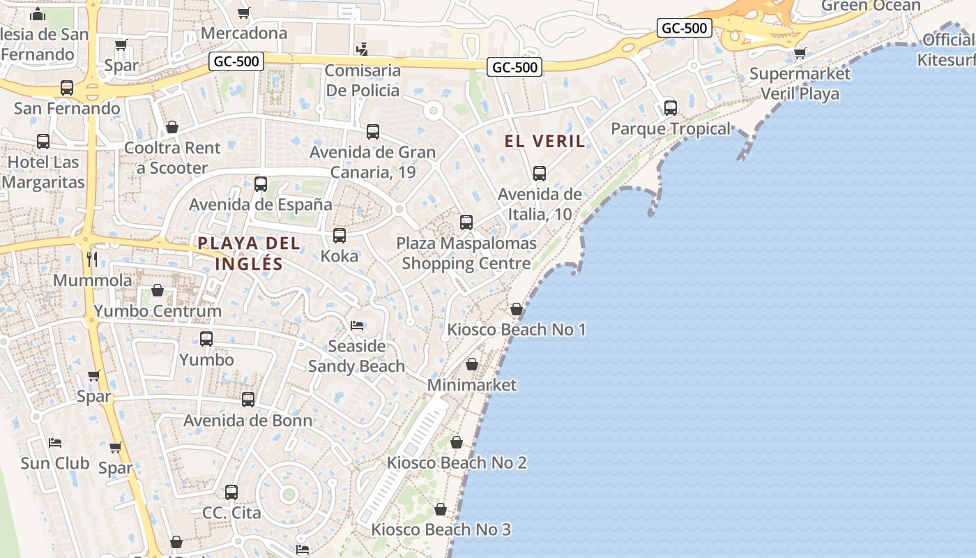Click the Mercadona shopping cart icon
coord(244,13)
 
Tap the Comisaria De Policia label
coord(363,80)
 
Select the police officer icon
coord(362,49)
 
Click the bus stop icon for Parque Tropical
coord(671,108)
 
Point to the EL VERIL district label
coord(544,141)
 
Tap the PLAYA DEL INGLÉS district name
coord(249,253)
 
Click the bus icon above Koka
coord(340,236)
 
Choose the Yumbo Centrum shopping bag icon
coord(158,290)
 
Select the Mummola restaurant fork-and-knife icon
coord(92,259)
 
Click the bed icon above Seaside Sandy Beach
coord(357,326)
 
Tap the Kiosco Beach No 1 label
coord(516,329)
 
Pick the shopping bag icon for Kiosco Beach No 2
coord(457,442)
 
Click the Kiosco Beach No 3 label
coord(441,529)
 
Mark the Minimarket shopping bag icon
coord(472,364)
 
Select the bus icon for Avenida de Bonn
coord(248,400)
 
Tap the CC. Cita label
coord(231,513)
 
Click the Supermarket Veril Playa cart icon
coord(800,53)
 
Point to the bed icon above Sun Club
coord(55,442)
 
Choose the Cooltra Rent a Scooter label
coord(172,158)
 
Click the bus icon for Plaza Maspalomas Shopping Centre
coord(466,223)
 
